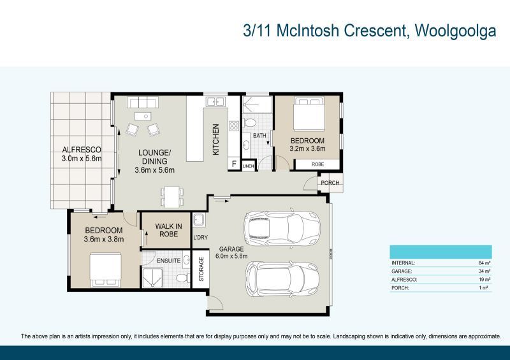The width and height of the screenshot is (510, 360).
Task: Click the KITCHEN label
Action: click(x=215, y=140)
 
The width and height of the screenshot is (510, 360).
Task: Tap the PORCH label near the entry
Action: click(x=330, y=183)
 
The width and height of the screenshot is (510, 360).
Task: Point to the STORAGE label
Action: click(x=201, y=270)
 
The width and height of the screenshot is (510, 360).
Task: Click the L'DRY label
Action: click(x=200, y=238)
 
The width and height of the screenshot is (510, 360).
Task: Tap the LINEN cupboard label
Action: click(x=247, y=166)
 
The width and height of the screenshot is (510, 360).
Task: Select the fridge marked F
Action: click(x=234, y=164)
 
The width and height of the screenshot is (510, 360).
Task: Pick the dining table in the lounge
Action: click(x=170, y=196)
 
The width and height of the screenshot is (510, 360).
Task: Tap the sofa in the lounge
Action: click(x=142, y=102)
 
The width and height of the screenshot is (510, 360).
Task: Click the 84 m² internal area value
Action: click(x=483, y=263)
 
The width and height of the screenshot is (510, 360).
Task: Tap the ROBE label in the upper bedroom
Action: click(x=317, y=164)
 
